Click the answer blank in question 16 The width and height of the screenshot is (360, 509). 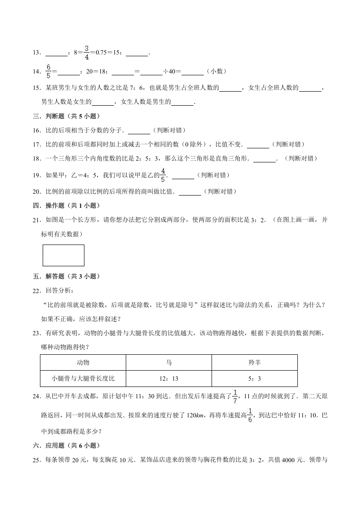coord(139,131)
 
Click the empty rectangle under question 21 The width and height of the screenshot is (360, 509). coord(63,255)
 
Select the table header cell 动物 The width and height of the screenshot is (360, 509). coord(83,362)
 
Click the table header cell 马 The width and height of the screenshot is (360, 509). coord(169,362)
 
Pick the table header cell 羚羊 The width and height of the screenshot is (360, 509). coord(254,362)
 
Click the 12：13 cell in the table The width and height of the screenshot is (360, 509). coord(169,378)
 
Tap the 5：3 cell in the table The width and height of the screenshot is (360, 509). coord(254,378)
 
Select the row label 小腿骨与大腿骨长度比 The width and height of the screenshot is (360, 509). coord(83,378)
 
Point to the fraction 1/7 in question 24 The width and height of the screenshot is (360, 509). coord(235,396)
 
